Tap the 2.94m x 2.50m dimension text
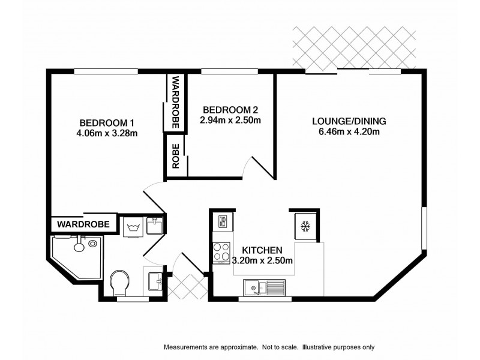230,120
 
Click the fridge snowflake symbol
304,226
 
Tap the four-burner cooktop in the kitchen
221,252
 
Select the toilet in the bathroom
120,281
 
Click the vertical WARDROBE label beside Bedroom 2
176,102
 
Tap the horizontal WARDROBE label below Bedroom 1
84,225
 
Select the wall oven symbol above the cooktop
221,223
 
